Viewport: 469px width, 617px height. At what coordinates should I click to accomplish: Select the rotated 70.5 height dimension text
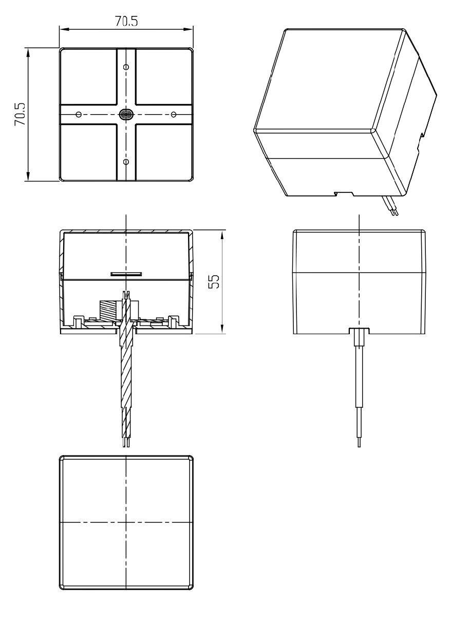[x=20, y=114]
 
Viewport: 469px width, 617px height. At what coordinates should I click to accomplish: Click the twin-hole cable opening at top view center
[x=126, y=114]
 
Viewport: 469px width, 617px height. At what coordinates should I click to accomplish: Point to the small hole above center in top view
[x=126, y=66]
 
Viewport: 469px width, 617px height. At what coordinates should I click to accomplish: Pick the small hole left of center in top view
[x=78, y=114]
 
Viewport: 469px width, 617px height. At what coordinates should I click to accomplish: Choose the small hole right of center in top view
[x=174, y=114]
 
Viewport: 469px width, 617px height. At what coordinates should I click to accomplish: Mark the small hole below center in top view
[x=126, y=161]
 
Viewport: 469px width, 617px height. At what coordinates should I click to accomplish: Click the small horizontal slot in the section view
[x=126, y=275]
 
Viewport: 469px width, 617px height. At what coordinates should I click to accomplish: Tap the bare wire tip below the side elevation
[x=359, y=442]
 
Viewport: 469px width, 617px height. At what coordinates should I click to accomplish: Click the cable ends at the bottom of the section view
[x=126, y=442]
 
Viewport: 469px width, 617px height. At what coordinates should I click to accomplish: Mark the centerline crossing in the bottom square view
[x=126, y=522]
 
